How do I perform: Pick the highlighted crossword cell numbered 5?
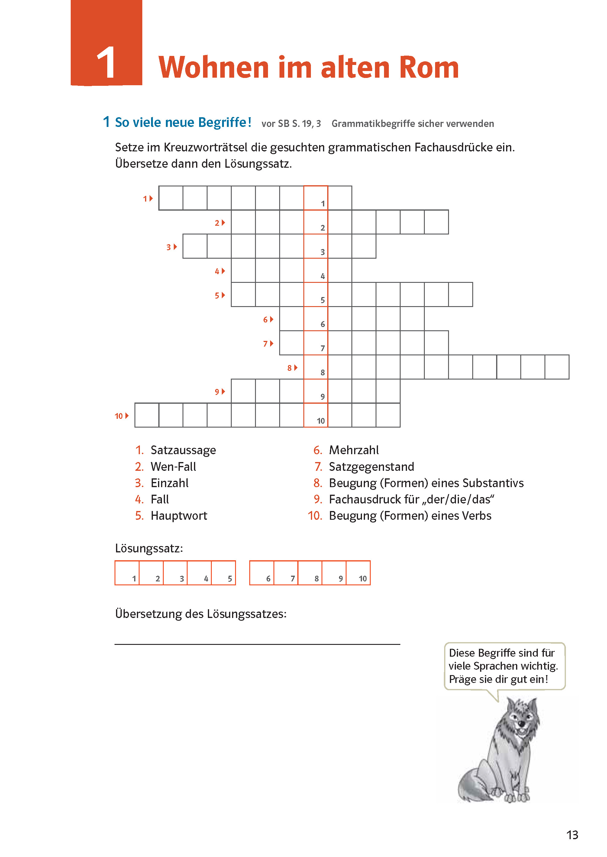pyautogui.click(x=316, y=295)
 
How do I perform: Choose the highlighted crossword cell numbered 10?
pyautogui.click(x=316, y=415)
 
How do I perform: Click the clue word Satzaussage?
pyautogui.click(x=183, y=450)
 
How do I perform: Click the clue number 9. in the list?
pyautogui.click(x=318, y=499)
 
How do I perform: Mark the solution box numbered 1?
pyautogui.click(x=127, y=573)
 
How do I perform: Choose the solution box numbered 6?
pyautogui.click(x=262, y=573)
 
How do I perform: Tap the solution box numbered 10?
pyautogui.click(x=358, y=573)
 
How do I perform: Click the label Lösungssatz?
pyautogui.click(x=149, y=548)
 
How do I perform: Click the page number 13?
pyautogui.click(x=572, y=835)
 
